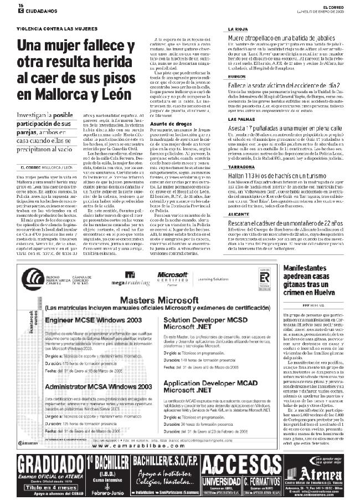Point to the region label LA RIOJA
pos(238,29)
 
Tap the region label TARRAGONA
pos(243,166)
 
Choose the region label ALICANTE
pos(240,213)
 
